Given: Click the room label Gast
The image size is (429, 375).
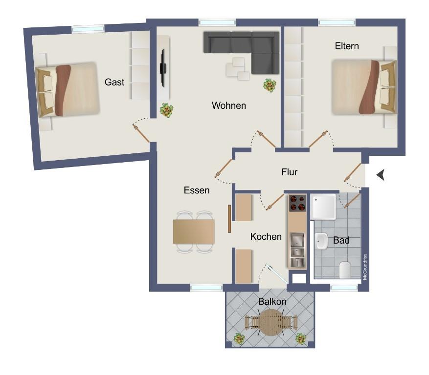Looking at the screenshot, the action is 114,82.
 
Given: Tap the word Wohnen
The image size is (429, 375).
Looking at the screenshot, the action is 229,105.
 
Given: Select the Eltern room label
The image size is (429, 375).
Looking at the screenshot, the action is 347,46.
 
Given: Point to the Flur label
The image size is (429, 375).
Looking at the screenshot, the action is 289,172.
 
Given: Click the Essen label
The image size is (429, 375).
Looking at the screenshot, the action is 197,190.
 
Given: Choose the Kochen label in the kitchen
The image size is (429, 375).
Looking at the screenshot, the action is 266,236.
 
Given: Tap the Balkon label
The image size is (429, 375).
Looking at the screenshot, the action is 272,302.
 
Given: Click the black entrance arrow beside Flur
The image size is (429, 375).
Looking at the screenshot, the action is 381,175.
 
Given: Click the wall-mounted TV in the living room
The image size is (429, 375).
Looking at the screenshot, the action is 163,68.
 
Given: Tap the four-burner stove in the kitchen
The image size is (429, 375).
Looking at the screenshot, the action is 297,203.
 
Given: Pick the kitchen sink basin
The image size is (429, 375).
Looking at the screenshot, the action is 297,240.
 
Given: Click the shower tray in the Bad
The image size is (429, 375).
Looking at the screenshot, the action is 324,207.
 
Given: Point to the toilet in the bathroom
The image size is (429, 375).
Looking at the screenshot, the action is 345,270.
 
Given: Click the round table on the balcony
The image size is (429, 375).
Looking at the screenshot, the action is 271,322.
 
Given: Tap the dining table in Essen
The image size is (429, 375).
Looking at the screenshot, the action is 194,231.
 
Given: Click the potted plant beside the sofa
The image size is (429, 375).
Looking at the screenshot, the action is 270,85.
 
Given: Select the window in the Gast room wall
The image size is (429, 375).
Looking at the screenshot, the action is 88,29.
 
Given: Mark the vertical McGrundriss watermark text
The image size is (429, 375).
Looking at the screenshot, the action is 365,267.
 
